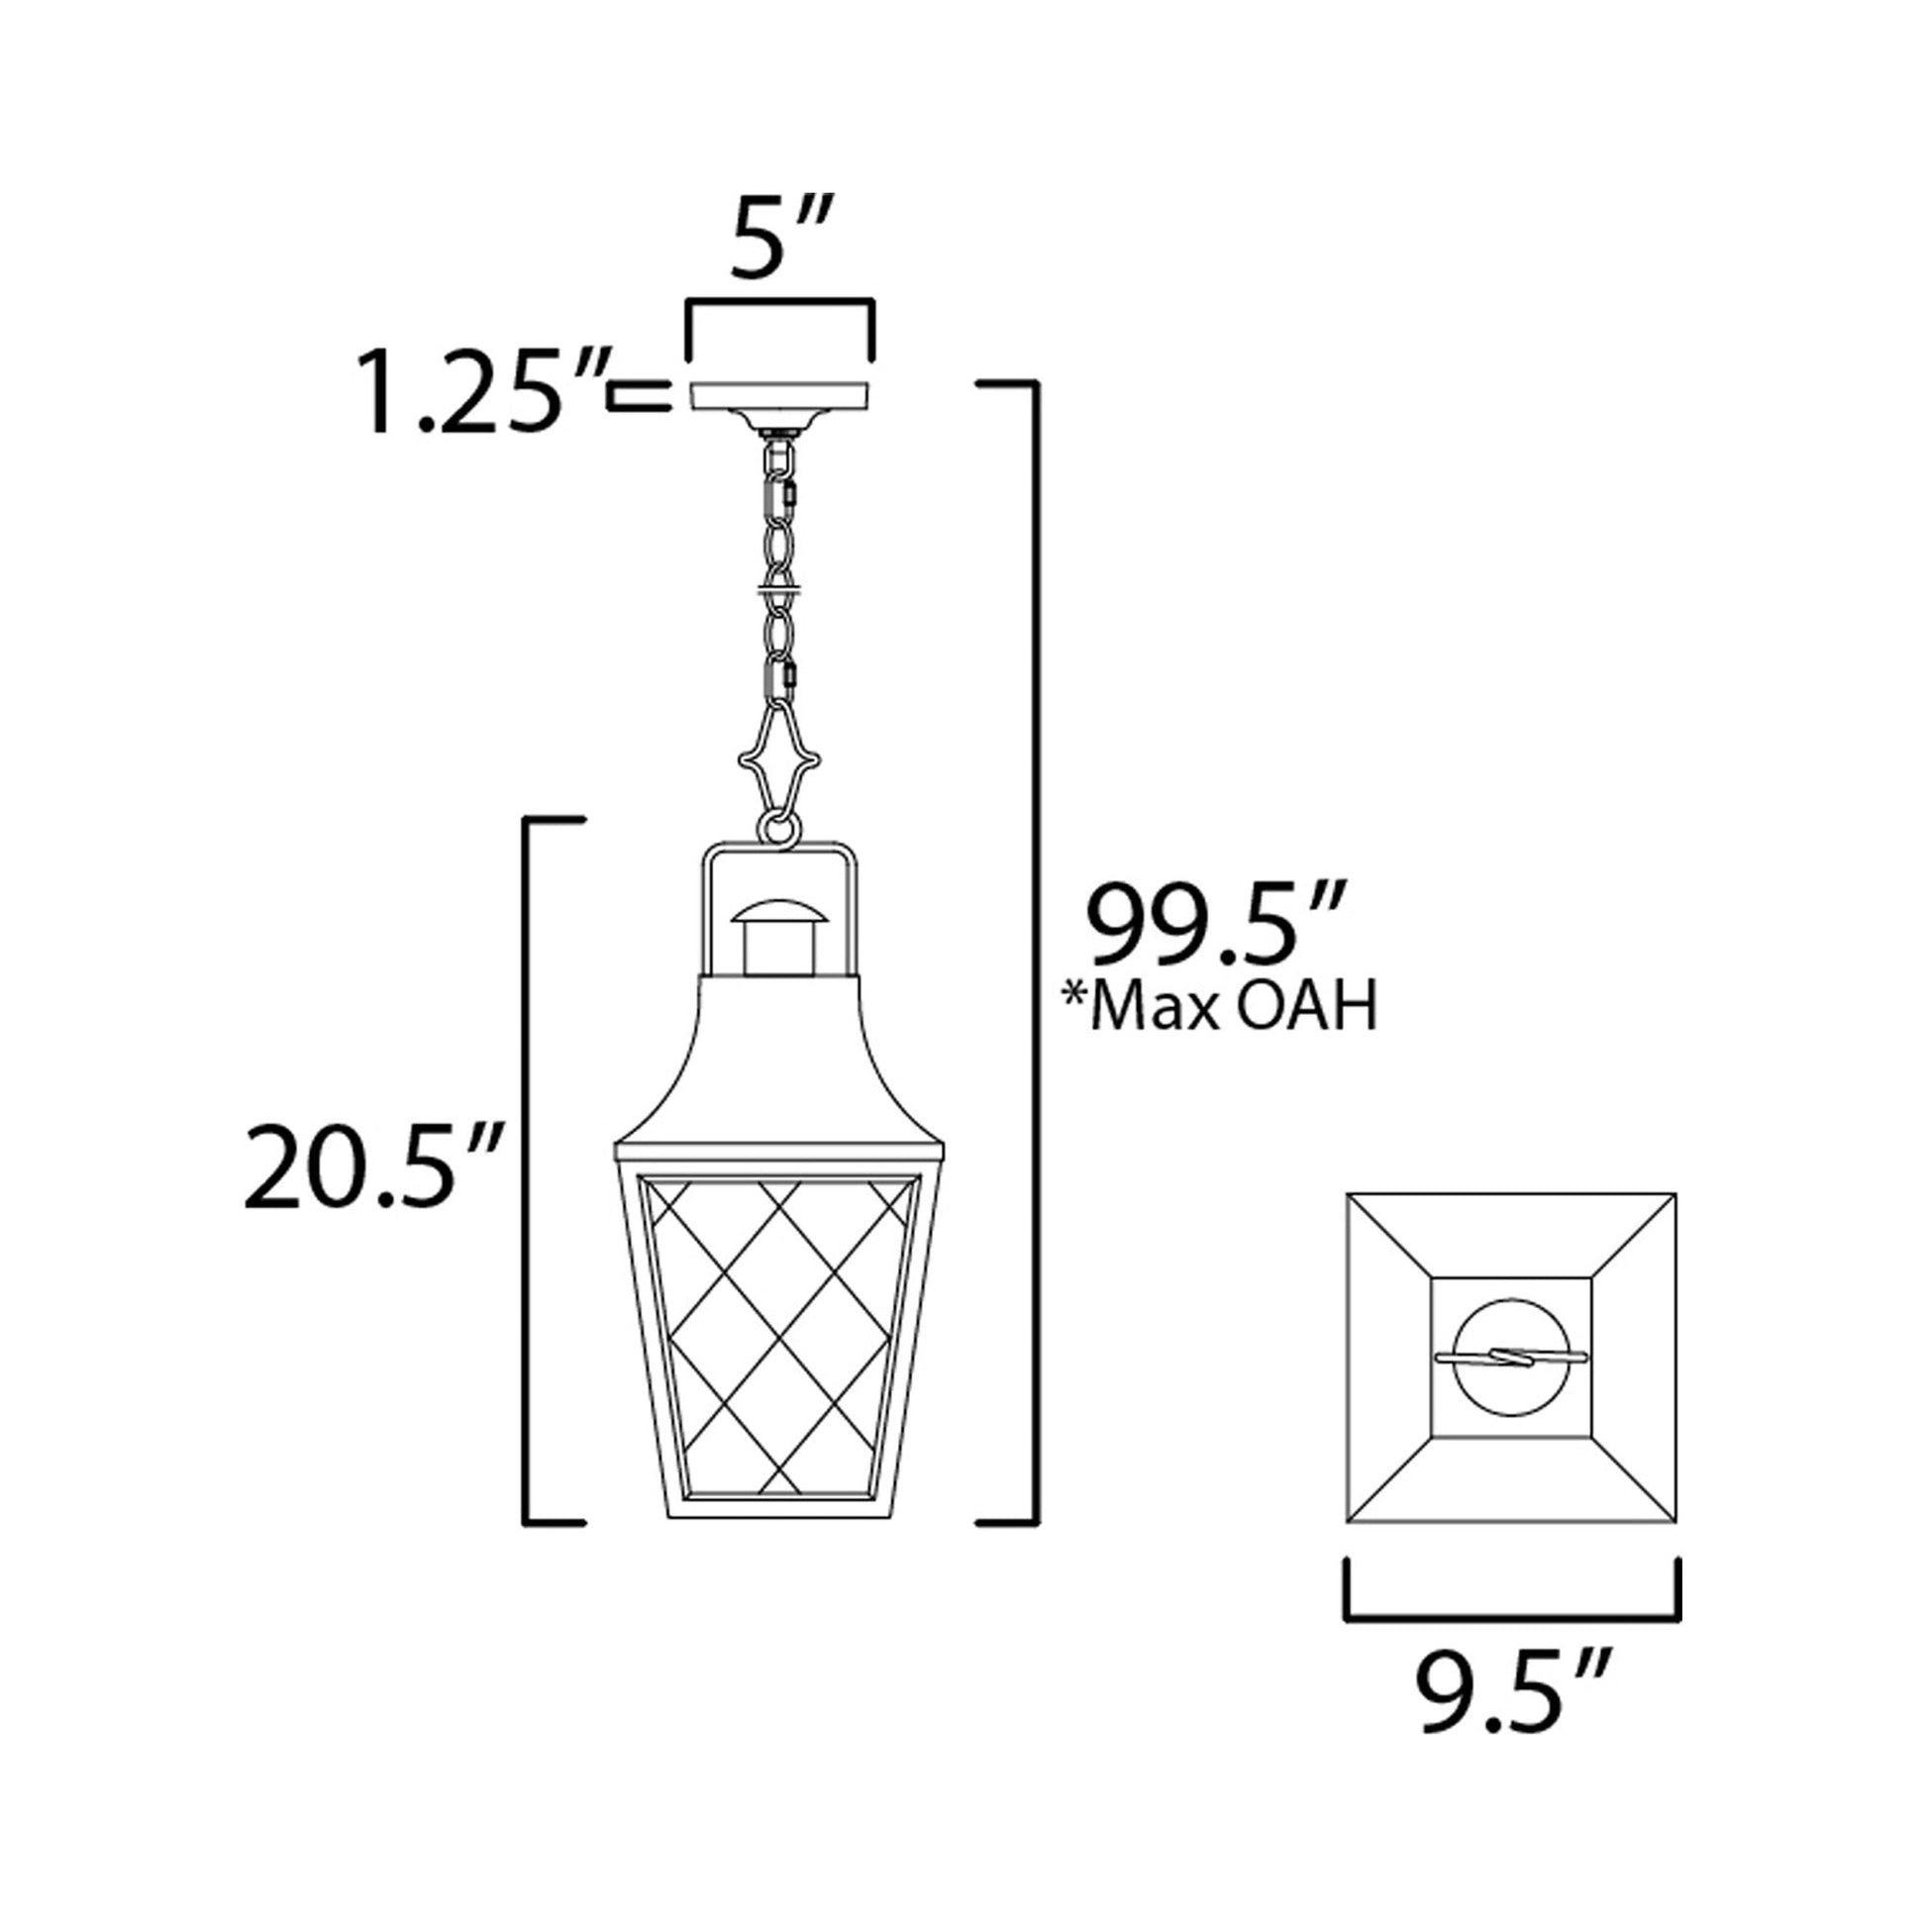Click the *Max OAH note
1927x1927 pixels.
click(1219, 1008)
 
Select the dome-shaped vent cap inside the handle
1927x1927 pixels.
click(779, 913)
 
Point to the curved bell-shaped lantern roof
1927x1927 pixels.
click(779, 1067)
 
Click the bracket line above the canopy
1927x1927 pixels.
click(780, 300)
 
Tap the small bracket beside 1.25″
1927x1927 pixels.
click(640, 396)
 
